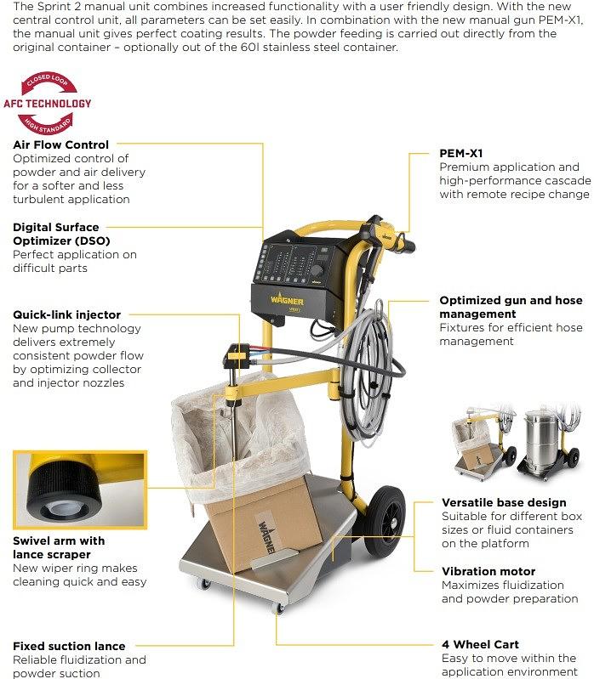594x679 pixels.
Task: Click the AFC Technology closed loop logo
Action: point(47,103)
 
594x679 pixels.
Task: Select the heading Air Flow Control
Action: point(60,144)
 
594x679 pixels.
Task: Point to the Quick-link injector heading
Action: point(66,314)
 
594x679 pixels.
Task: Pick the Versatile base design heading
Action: point(504,502)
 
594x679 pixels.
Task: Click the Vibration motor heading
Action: point(488,571)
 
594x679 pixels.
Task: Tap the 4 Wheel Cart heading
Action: point(480,644)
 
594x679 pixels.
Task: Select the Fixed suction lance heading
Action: point(69,646)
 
